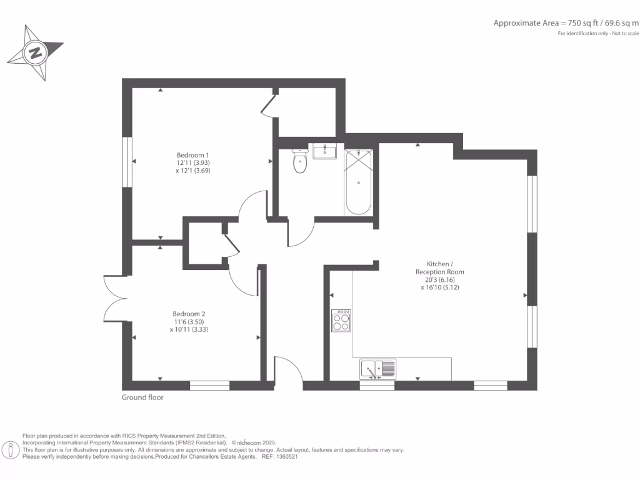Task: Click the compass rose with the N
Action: [35, 52]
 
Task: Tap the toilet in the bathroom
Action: [300, 162]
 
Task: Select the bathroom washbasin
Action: [324, 151]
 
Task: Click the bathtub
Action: [359, 182]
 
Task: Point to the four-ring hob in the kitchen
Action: [341, 321]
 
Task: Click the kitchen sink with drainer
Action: [377, 369]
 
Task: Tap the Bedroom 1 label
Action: [192, 155]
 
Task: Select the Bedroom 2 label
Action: [189, 314]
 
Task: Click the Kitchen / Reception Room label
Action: [440, 267]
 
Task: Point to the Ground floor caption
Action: [142, 397]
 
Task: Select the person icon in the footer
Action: [11, 450]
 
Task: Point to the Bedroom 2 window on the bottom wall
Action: [209, 386]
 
